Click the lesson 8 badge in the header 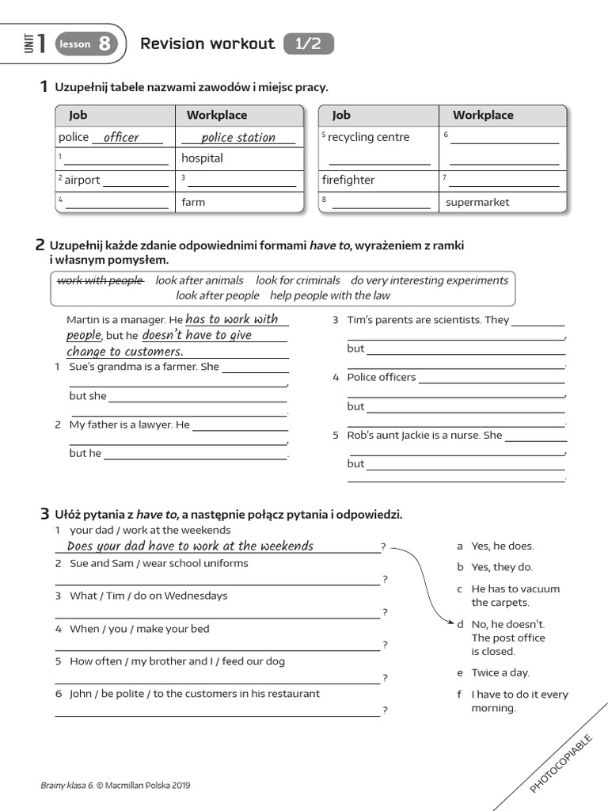point(85,44)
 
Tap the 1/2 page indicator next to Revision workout point(308,44)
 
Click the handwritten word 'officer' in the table point(121,138)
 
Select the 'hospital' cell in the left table point(202,158)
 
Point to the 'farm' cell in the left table point(193,202)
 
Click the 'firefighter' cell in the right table point(348,180)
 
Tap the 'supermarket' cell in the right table point(477,202)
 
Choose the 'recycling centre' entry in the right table point(368,137)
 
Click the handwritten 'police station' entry point(237,138)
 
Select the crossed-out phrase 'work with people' point(101,280)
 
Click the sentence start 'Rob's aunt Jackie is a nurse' point(424,435)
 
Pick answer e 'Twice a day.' point(500,672)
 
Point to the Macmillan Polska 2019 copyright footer point(116,786)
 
